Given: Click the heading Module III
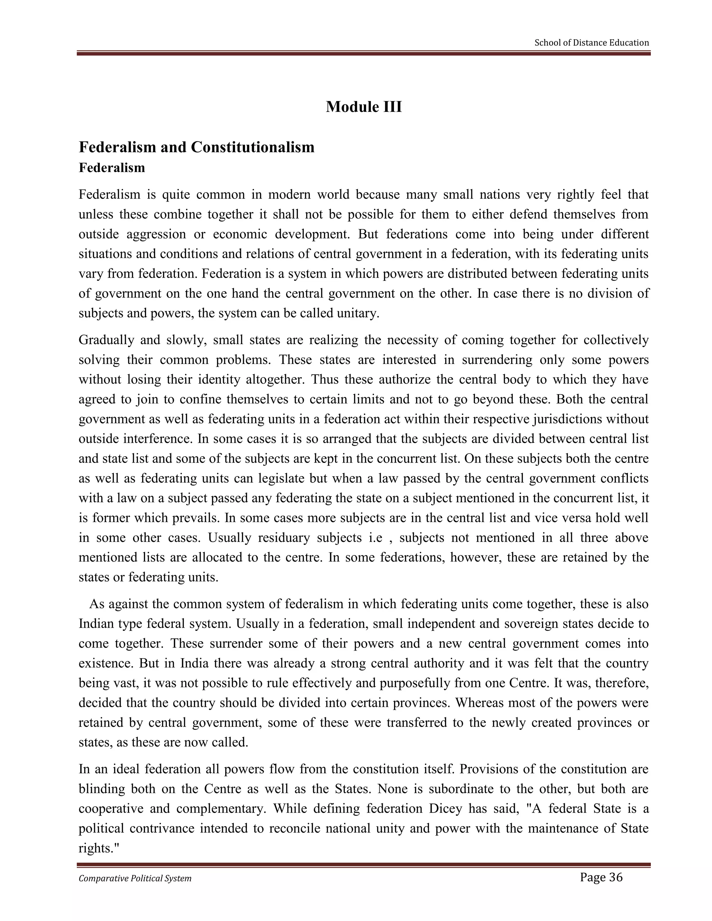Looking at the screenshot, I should point(364,107).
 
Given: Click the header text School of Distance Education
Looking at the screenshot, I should point(591,43).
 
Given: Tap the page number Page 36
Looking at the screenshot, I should point(601,878).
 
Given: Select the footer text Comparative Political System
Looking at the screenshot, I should point(135,878).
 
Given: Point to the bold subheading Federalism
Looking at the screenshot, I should point(112,168).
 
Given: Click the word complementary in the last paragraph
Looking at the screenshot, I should point(221,809).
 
